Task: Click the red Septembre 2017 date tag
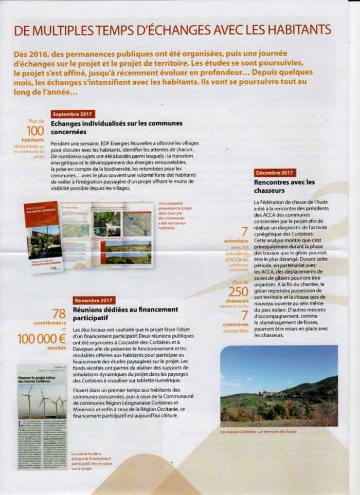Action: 73,114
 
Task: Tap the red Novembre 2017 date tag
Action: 95,300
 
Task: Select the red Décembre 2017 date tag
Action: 275,173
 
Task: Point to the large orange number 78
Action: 59,314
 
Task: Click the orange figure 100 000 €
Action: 42,339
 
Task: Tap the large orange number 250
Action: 238,291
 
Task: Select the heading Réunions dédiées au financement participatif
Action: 125,314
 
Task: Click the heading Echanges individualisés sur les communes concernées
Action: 117,127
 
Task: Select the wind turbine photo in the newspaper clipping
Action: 42,401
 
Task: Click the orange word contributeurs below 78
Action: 49,323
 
